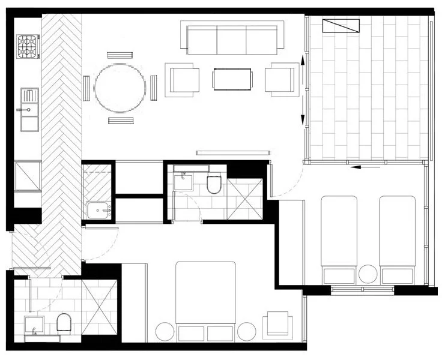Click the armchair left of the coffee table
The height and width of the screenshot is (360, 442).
click(x=184, y=80)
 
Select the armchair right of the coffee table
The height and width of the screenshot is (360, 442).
click(x=281, y=79)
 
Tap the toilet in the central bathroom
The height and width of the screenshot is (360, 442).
click(x=214, y=184)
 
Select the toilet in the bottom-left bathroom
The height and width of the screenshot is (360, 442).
click(x=64, y=325)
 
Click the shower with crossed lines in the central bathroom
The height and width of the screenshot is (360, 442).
click(x=245, y=199)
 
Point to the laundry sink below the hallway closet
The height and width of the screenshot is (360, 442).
click(x=99, y=210)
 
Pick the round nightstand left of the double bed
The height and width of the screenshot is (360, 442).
click(x=165, y=331)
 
